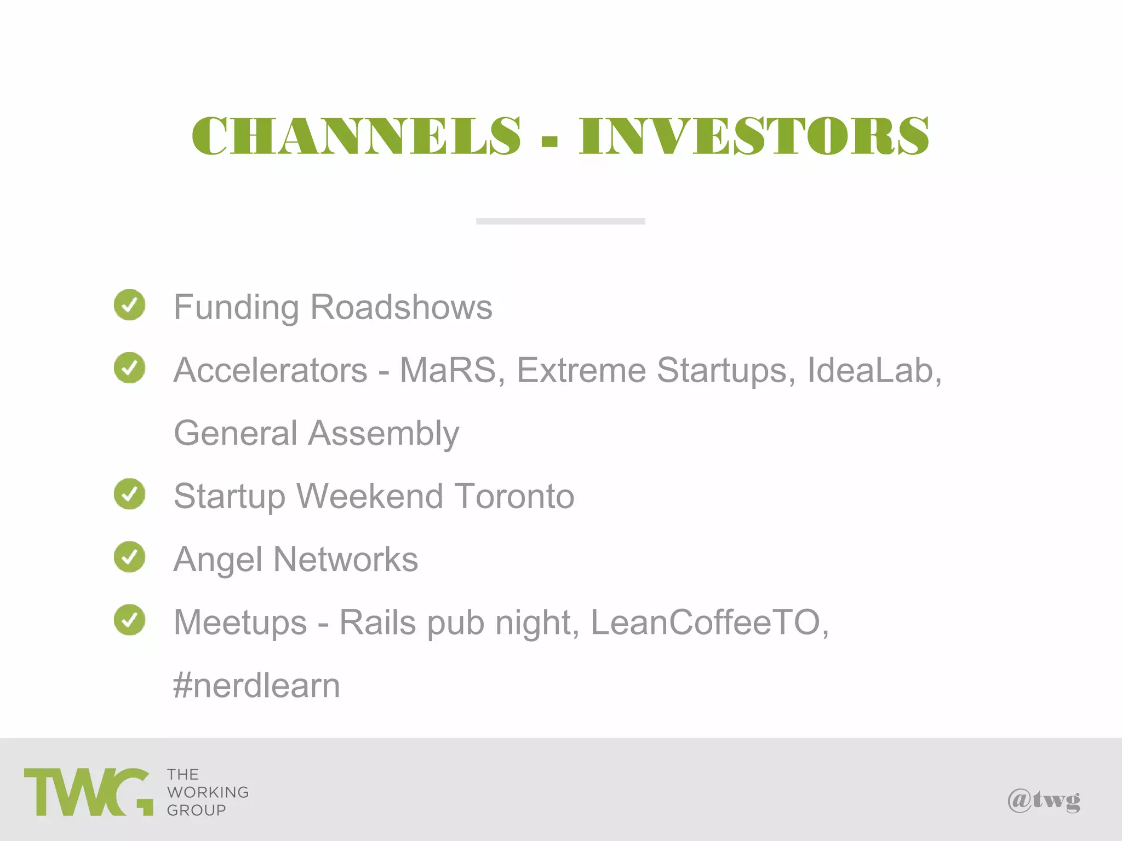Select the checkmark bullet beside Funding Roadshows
point(130,304)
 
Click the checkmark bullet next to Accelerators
point(130,367)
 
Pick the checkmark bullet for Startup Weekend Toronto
point(130,494)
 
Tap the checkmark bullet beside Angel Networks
point(130,557)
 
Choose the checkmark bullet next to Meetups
point(130,620)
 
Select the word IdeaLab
point(873,370)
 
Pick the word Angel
point(218,560)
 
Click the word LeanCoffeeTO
point(707,623)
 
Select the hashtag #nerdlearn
point(256,686)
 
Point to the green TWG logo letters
point(88,792)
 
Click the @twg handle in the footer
point(1044,800)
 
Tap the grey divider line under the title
point(560,221)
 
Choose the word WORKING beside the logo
point(208,792)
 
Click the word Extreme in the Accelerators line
point(581,370)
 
